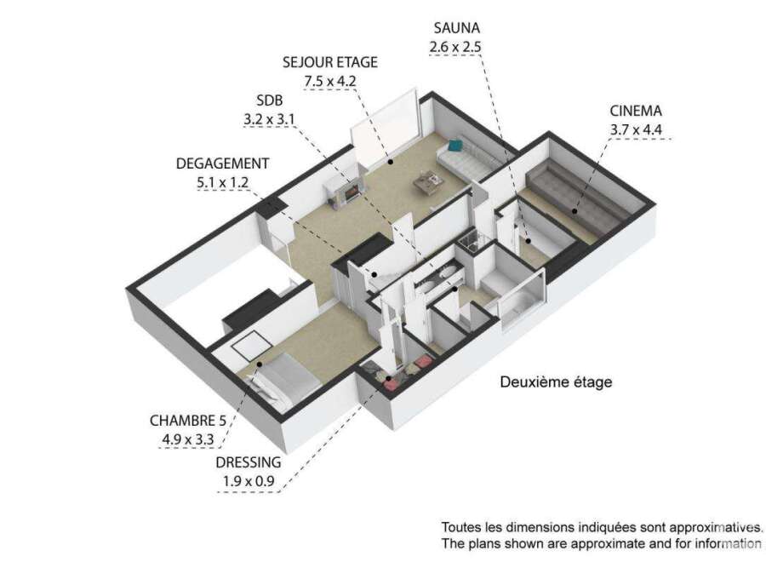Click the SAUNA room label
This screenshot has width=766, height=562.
(x=456, y=27)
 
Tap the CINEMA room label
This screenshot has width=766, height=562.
(x=636, y=111)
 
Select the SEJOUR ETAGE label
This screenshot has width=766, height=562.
(x=330, y=62)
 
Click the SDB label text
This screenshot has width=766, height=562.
(x=270, y=100)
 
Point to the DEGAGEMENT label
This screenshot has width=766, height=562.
(x=222, y=163)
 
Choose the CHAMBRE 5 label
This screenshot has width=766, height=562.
(x=189, y=421)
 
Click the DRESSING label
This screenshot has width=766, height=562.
(x=249, y=462)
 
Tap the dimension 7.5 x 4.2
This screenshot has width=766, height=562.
(x=330, y=81)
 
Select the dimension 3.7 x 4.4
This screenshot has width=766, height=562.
(x=636, y=130)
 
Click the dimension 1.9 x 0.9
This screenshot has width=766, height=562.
(x=249, y=481)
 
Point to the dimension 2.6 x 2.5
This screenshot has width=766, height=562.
(x=455, y=47)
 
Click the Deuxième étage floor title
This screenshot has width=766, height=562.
(x=556, y=381)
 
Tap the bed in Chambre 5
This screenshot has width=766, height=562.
(x=283, y=376)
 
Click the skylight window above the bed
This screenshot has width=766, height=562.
(x=252, y=343)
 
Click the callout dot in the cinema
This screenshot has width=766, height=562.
(x=575, y=212)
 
